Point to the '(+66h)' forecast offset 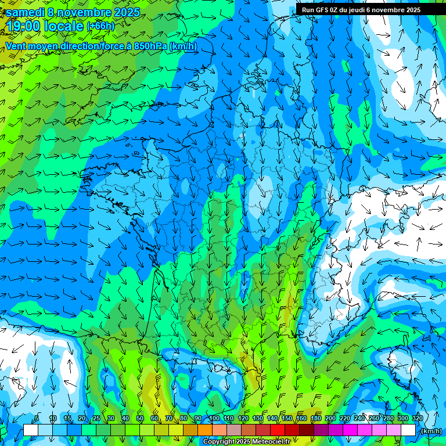click(x=100, y=26)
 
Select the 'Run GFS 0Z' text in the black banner click(x=321, y=9)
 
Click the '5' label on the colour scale click(x=37, y=419)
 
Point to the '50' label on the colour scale click(x=140, y=419)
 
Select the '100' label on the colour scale click(x=214, y=419)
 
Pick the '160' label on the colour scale click(x=301, y=419)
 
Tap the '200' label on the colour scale click(x=330, y=419)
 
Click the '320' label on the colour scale click(x=418, y=419)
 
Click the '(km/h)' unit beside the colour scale click(x=431, y=430)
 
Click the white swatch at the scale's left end click(x=30, y=430)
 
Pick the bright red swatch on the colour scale click(x=277, y=430)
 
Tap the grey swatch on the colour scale click(x=233, y=430)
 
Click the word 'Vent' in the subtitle click(x=17, y=46)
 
